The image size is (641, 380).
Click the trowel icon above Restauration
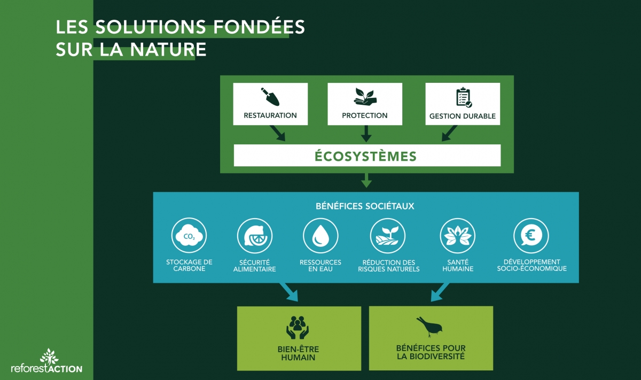[270, 97]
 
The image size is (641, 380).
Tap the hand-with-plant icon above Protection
[365, 96]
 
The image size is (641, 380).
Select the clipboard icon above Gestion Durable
[463, 97]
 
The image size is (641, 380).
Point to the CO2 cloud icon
[189, 236]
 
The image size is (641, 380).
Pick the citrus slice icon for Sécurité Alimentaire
[255, 236]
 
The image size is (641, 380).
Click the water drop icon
[320, 236]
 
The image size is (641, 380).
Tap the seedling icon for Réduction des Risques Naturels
[388, 236]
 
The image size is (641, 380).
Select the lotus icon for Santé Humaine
[457, 236]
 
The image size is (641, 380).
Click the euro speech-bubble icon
[531, 236]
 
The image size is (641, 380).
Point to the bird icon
[431, 326]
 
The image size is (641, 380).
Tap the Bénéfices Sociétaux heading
[365, 206]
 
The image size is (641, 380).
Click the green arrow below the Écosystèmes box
[366, 180]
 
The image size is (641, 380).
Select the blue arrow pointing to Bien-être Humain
[289, 292]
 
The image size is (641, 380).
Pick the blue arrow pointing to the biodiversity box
[440, 292]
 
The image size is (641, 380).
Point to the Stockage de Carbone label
[189, 266]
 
